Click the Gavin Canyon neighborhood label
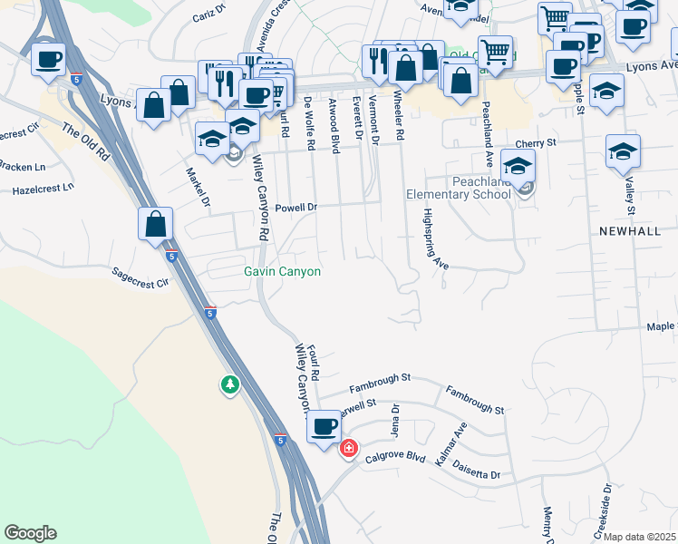click(282, 271)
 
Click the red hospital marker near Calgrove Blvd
click(348, 449)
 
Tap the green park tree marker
click(230, 385)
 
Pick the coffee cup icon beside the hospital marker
click(324, 426)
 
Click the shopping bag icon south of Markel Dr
click(156, 224)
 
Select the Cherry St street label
click(535, 143)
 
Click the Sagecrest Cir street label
click(140, 277)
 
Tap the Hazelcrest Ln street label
click(42, 189)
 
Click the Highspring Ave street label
click(435, 239)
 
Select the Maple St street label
click(661, 326)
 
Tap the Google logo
click(30, 533)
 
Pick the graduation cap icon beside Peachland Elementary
click(518, 166)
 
